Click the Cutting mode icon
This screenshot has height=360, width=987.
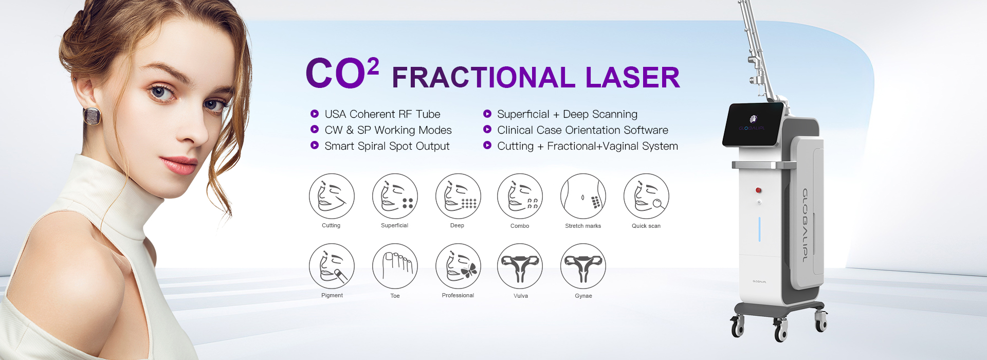(332, 196)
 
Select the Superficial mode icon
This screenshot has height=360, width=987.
(395, 196)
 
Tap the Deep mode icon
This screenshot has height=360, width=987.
(458, 196)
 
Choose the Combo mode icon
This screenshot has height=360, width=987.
(520, 196)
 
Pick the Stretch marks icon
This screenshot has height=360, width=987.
(583, 196)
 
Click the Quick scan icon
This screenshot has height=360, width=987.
(646, 196)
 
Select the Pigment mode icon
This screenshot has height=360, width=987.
(332, 266)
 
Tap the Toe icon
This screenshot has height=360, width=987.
(395, 266)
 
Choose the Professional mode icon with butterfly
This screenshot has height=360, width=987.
(458, 266)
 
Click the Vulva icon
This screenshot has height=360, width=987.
(520, 266)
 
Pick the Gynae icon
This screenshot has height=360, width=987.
(583, 266)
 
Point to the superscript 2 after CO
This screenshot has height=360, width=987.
(373, 67)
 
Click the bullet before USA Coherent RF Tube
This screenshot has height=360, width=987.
(315, 114)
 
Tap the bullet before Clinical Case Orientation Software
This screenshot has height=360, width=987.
(487, 130)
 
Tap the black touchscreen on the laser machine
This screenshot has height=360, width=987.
(754, 124)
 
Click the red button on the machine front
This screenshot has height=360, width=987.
(758, 190)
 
